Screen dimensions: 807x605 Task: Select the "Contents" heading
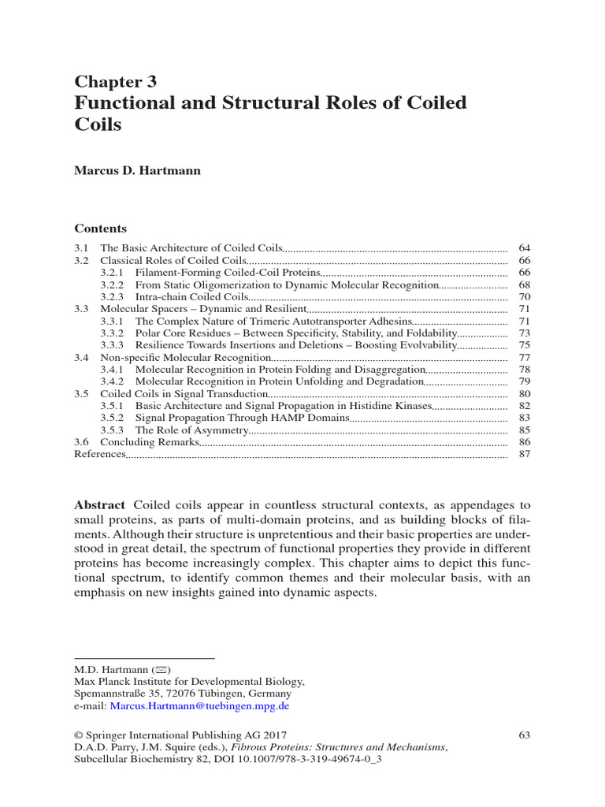[100, 229]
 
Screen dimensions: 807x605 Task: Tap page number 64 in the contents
[525, 248]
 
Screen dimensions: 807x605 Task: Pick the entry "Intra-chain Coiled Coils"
[191, 297]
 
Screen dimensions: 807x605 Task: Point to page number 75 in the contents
[525, 345]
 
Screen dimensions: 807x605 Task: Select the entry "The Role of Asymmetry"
[191, 430]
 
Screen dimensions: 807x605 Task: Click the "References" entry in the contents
[99, 455]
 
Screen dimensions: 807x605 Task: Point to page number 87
[525, 455]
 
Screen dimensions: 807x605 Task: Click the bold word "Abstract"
[99, 504]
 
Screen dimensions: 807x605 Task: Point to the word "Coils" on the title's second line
[98, 125]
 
